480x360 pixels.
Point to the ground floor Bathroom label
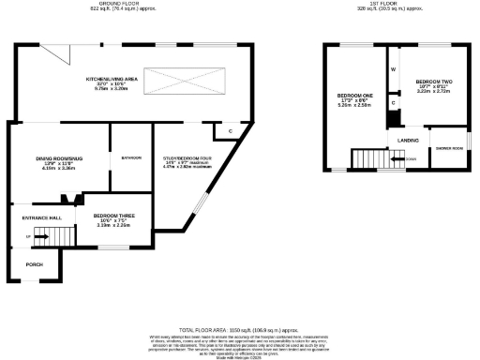click(130, 157)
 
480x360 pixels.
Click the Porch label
click(33, 264)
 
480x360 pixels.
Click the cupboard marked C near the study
click(230, 130)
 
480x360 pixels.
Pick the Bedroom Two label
click(434, 82)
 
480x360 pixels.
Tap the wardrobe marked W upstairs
click(394, 69)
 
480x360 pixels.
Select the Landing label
click(408, 140)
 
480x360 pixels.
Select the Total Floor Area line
click(244, 331)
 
